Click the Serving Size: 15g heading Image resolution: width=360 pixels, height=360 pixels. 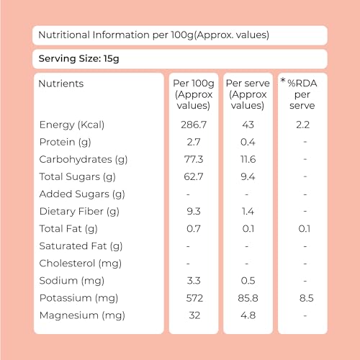[x=78, y=59]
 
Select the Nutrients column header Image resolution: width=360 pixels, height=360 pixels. [x=61, y=84]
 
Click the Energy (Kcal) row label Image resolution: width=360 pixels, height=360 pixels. [x=72, y=125]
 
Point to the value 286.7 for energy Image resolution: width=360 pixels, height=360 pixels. [x=194, y=125]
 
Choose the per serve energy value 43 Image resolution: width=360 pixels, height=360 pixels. [x=248, y=125]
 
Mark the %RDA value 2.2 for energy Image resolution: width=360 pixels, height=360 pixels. [x=302, y=125]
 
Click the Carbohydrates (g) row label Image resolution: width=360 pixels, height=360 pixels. [x=84, y=160]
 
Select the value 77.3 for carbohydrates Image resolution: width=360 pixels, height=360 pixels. [x=194, y=159]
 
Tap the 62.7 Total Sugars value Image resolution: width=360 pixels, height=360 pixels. [x=194, y=176]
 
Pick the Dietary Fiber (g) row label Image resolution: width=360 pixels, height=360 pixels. [x=79, y=212]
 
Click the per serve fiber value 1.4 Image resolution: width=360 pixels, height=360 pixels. [x=248, y=212]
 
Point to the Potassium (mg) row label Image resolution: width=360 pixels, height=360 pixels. [x=78, y=298]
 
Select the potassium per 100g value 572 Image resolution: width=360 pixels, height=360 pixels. [x=194, y=298]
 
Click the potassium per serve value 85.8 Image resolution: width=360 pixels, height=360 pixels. [x=248, y=298]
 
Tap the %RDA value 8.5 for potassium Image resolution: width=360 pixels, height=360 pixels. [x=307, y=298]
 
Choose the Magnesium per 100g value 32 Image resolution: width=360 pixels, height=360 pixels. [x=194, y=315]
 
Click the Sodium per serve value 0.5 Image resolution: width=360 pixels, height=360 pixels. [x=248, y=281]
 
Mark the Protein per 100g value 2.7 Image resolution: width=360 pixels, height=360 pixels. [x=194, y=142]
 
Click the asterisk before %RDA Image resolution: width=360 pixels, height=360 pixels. [x=283, y=81]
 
